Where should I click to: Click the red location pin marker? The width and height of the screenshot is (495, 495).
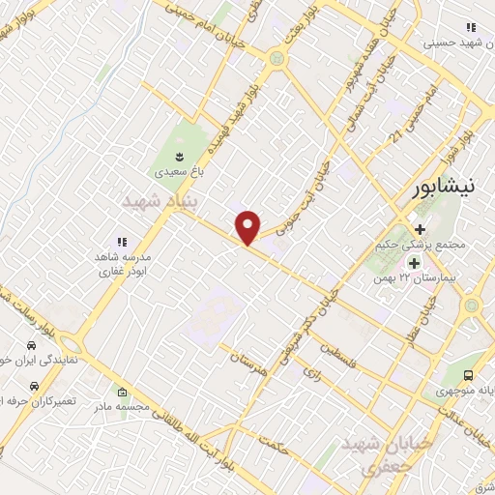pos(249,227)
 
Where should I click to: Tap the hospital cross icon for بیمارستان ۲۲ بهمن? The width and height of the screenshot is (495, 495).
pos(414,262)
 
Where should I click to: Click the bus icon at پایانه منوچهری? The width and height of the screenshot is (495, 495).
pos(469,375)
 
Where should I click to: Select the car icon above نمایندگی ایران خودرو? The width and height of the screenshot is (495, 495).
pos(31,346)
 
